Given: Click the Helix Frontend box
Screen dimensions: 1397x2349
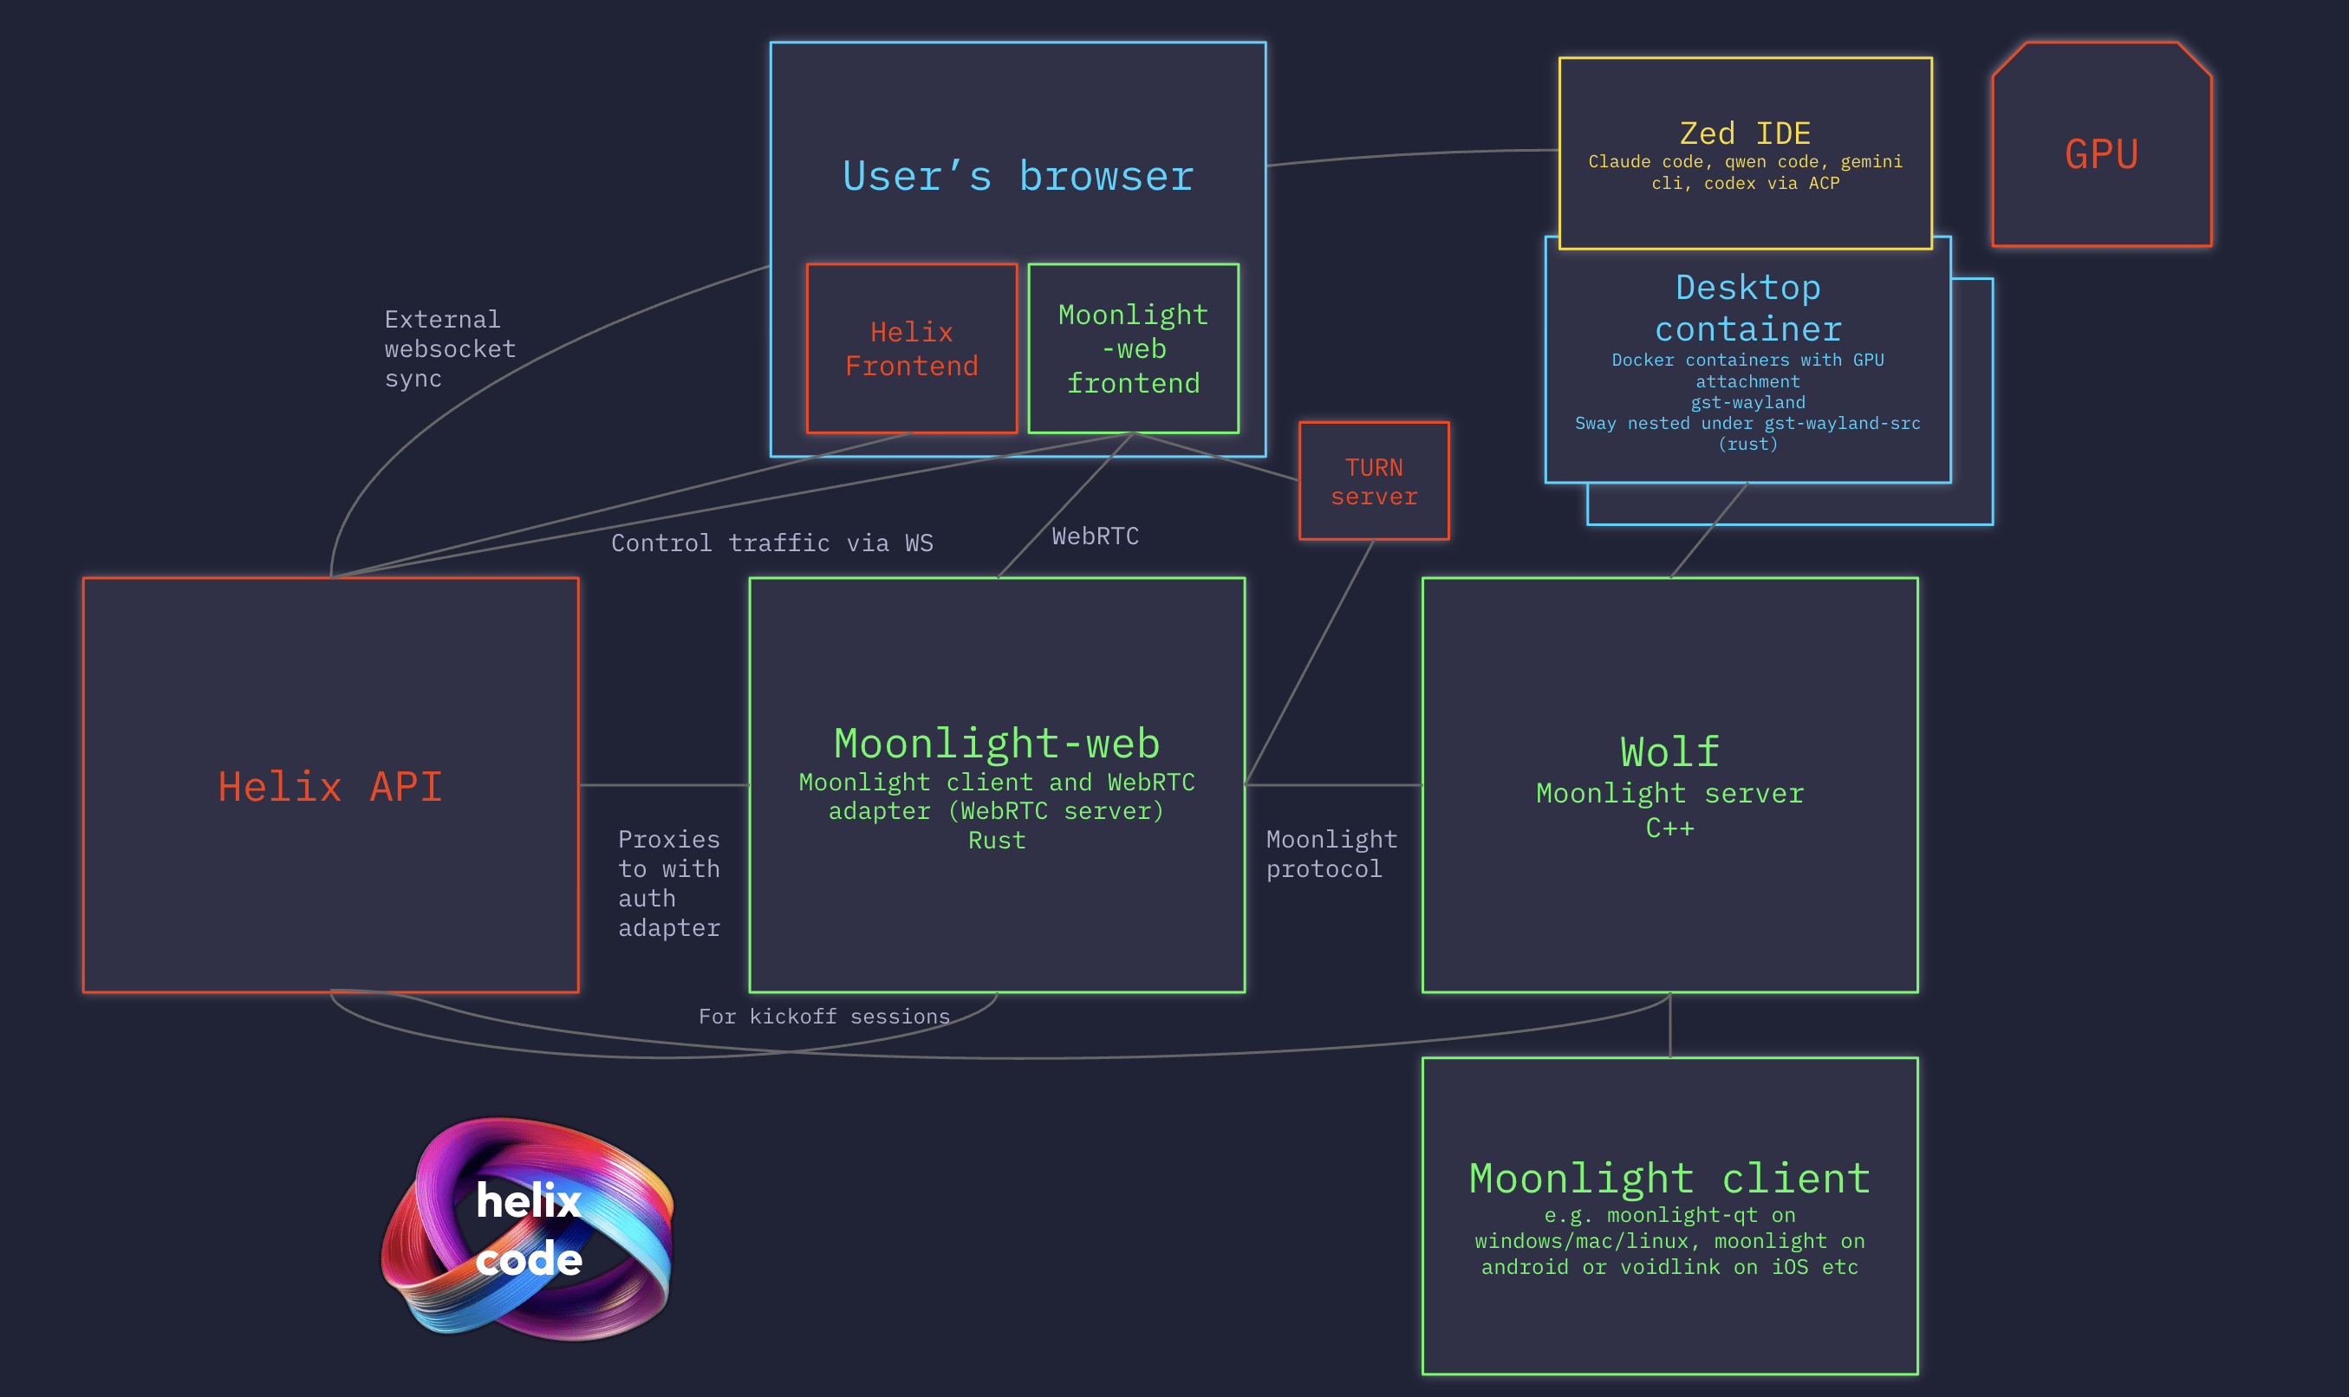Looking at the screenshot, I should click(x=911, y=349).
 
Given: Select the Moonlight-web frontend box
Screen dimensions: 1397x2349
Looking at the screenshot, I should click(x=1133, y=349).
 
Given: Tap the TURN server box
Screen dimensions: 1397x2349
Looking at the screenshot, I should click(x=1374, y=482).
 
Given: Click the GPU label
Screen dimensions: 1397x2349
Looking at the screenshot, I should click(x=2101, y=154).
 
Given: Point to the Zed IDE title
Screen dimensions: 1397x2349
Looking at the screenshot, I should click(x=1745, y=133).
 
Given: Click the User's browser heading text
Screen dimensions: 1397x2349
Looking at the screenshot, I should click(x=1018, y=177).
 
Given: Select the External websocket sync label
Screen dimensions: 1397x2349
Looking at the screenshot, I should click(x=449, y=349).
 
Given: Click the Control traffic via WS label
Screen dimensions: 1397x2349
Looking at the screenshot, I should click(x=772, y=543).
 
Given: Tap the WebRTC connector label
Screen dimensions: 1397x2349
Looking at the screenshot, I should click(x=1095, y=536).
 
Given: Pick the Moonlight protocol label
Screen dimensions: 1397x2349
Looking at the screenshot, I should click(x=1331, y=854).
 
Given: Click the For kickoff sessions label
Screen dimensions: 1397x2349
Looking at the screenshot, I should click(x=823, y=1017).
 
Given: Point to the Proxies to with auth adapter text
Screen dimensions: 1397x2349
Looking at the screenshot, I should click(x=668, y=883).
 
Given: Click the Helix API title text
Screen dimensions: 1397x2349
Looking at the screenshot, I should click(x=329, y=787).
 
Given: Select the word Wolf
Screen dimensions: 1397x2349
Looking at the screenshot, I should click(x=1669, y=752).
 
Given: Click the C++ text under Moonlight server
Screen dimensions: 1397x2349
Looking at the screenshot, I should click(x=1669, y=828).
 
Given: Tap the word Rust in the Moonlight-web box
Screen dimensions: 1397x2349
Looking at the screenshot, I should click(x=996, y=841).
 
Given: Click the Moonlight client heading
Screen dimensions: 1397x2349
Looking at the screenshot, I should click(x=1669, y=1179).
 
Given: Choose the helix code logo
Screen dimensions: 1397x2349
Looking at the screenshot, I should click(x=527, y=1230).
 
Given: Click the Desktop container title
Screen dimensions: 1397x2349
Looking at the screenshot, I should click(x=1747, y=308).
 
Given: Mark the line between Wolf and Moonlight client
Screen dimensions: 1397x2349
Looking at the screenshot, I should click(x=1670, y=1026).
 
